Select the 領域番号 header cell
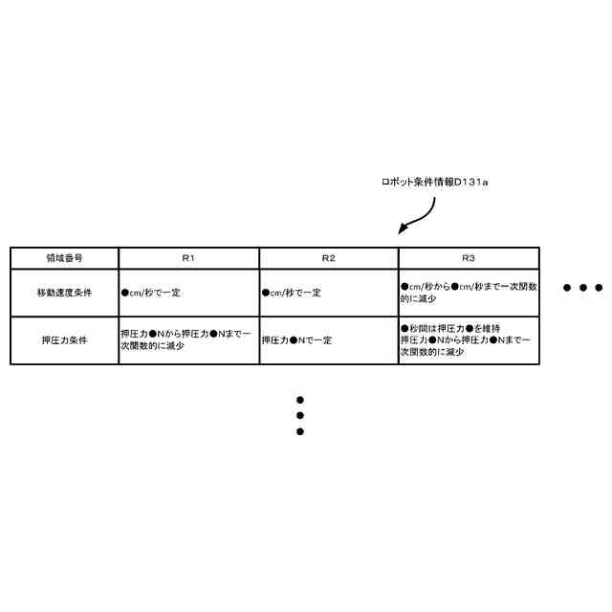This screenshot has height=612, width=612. point(64,258)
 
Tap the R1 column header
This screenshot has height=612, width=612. point(188,258)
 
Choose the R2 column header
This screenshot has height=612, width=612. point(328,258)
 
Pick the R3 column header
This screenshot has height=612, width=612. point(469,258)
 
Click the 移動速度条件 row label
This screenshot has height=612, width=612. point(64,293)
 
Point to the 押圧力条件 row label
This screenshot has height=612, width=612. point(64,339)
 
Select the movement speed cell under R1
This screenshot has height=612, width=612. point(188,293)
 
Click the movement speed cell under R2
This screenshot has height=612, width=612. point(328,293)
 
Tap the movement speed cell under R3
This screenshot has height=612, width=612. point(469,293)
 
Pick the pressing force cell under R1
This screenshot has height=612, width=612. point(188,339)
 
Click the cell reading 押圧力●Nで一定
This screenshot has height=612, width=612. point(328,339)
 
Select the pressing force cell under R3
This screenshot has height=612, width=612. point(469,339)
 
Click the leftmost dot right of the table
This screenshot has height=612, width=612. point(567,287)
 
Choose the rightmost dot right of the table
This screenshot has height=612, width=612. point(599,287)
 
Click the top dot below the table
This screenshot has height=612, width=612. point(299,400)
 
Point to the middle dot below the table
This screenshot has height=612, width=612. point(299,416)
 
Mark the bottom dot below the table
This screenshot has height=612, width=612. point(299,431)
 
